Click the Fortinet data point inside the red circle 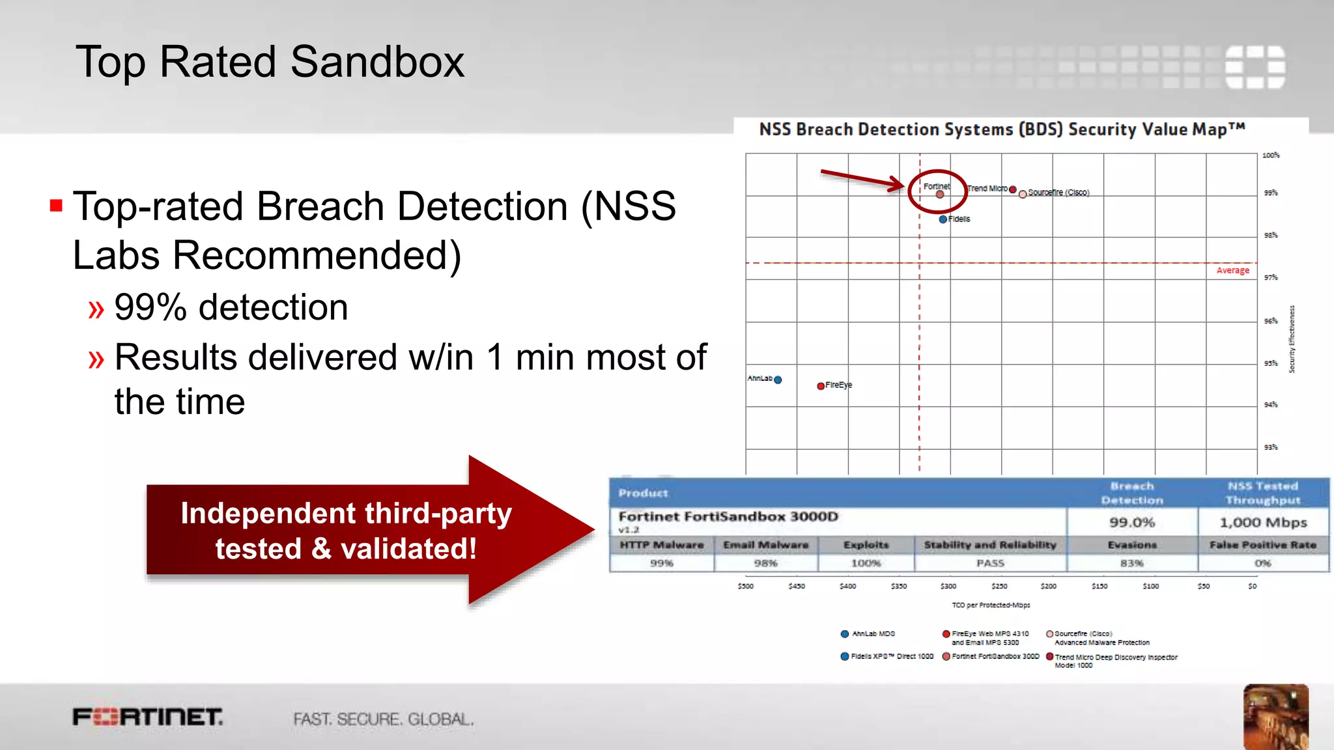point(939,194)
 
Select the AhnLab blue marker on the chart point(778,380)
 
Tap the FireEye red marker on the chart point(821,385)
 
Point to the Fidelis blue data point point(943,219)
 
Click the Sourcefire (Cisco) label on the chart point(1058,193)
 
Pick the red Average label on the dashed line point(1232,270)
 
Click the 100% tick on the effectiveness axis point(1270,155)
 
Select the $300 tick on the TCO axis point(948,586)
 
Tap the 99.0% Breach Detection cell point(1132,522)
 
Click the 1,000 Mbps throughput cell point(1263,522)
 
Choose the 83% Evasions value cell point(1132,563)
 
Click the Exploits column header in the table point(866,545)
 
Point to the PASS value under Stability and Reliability point(990,563)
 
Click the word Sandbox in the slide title point(377,62)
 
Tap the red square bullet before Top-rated point(57,206)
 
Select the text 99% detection point(231,307)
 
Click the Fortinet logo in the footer point(148,717)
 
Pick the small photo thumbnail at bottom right point(1275,716)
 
